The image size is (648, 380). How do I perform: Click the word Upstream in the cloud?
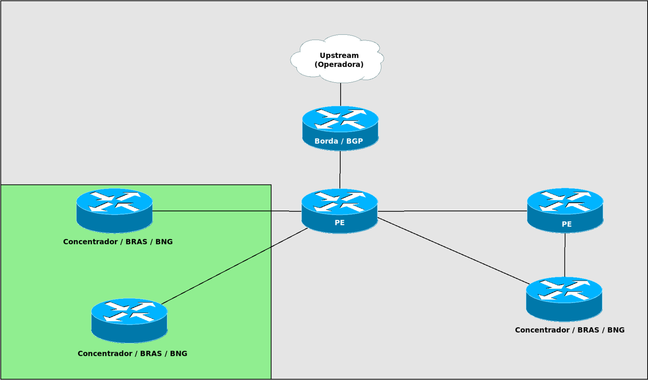point(339,56)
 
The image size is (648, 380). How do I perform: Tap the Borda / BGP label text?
point(339,141)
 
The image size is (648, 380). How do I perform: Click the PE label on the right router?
point(567,224)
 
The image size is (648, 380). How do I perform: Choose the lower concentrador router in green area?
point(129,320)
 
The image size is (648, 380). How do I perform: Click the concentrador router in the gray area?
point(564,299)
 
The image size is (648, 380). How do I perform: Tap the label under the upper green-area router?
point(118,242)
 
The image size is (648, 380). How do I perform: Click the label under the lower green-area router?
point(132,354)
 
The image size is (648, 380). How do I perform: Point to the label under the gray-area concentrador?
point(569,330)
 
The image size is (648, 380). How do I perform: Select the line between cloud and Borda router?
point(341,94)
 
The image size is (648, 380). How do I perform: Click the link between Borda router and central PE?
point(340,170)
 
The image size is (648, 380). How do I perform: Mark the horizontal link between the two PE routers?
point(452,211)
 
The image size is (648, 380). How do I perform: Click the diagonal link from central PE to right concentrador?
point(454,251)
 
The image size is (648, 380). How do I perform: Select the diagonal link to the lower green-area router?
point(235,266)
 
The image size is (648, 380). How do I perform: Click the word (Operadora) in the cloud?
point(339,64)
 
